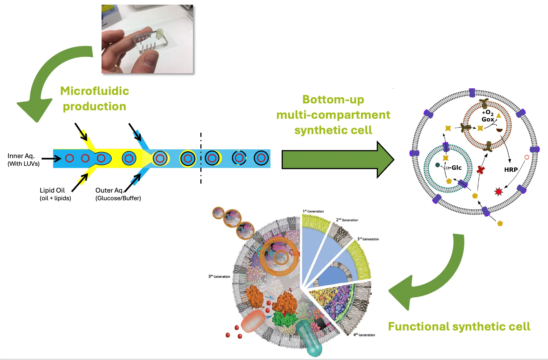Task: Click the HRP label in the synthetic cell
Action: click(x=511, y=170)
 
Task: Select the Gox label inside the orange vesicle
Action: click(x=488, y=119)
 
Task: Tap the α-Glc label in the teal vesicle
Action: click(x=454, y=168)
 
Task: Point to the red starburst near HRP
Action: click(x=499, y=191)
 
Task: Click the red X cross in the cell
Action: click(x=481, y=170)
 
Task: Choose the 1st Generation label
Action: click(x=313, y=211)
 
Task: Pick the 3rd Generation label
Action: click(x=368, y=239)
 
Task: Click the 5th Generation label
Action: click(x=219, y=276)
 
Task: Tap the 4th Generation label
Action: click(x=364, y=335)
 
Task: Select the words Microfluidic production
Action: click(x=94, y=98)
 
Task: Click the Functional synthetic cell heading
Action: click(x=459, y=326)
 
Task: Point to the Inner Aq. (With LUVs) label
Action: click(x=24, y=159)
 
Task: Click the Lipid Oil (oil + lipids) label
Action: click(x=55, y=194)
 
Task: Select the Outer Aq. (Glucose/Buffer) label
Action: click(x=118, y=194)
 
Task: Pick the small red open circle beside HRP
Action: click(x=527, y=157)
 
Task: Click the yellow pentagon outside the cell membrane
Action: click(x=500, y=223)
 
